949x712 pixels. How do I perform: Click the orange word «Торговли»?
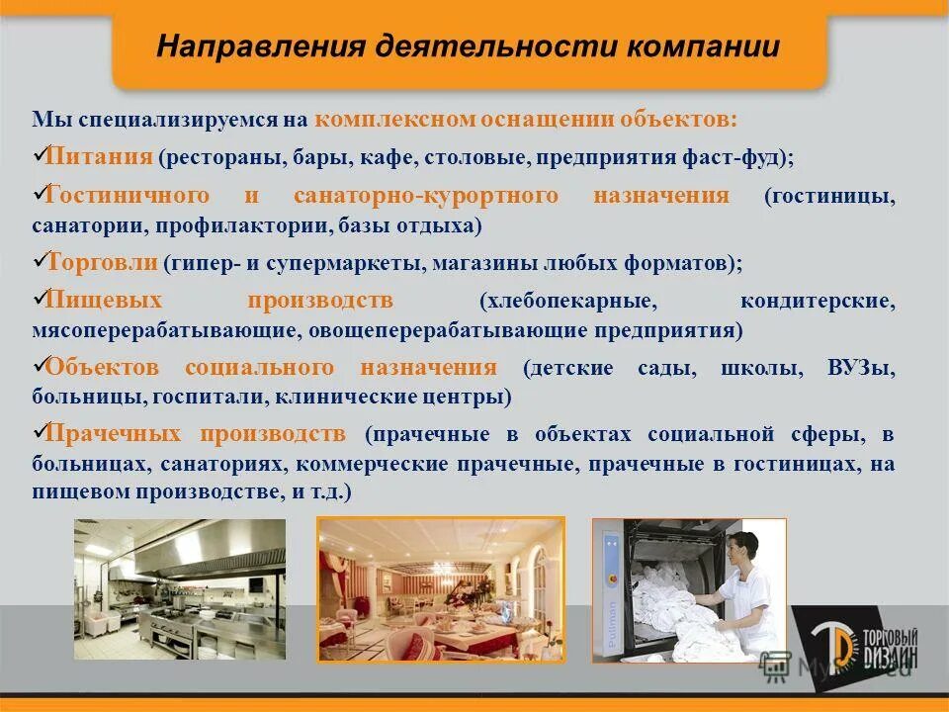coord(102,262)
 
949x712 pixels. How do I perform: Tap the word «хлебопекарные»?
coord(564,301)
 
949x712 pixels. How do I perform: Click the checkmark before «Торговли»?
coord(40,261)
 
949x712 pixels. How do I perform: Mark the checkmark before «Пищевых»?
coord(40,298)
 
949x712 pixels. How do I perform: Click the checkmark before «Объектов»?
coord(40,365)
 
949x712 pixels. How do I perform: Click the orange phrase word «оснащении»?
coord(533,120)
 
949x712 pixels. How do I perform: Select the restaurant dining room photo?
coord(441,589)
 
